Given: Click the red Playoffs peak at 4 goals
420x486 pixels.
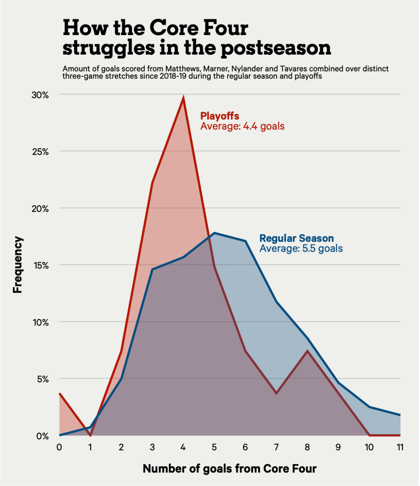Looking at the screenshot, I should [x=183, y=98].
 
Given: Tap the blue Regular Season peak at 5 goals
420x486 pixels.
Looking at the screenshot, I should [x=215, y=233].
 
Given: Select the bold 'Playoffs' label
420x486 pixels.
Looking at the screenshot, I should [x=219, y=116].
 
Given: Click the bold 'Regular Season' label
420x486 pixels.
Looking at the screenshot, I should [x=297, y=238].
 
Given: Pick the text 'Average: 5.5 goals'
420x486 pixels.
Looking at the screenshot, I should [x=301, y=248].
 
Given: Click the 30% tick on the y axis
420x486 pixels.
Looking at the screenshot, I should [x=40, y=95].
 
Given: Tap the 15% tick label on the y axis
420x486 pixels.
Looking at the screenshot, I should [x=40, y=265].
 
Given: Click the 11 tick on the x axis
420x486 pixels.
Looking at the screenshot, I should [x=400, y=448].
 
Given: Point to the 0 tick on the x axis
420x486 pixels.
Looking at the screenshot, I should [x=59, y=448].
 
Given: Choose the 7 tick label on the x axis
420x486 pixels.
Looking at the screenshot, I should [x=276, y=448].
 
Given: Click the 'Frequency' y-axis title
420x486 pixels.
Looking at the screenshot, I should [x=18, y=265].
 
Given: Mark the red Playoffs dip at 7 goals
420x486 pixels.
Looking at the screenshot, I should [x=276, y=393].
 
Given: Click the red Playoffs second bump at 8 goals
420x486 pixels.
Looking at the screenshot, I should [x=308, y=351].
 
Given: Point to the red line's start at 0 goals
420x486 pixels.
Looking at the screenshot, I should [x=60, y=393].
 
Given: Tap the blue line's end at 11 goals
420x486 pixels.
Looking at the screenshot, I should [x=400, y=415].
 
